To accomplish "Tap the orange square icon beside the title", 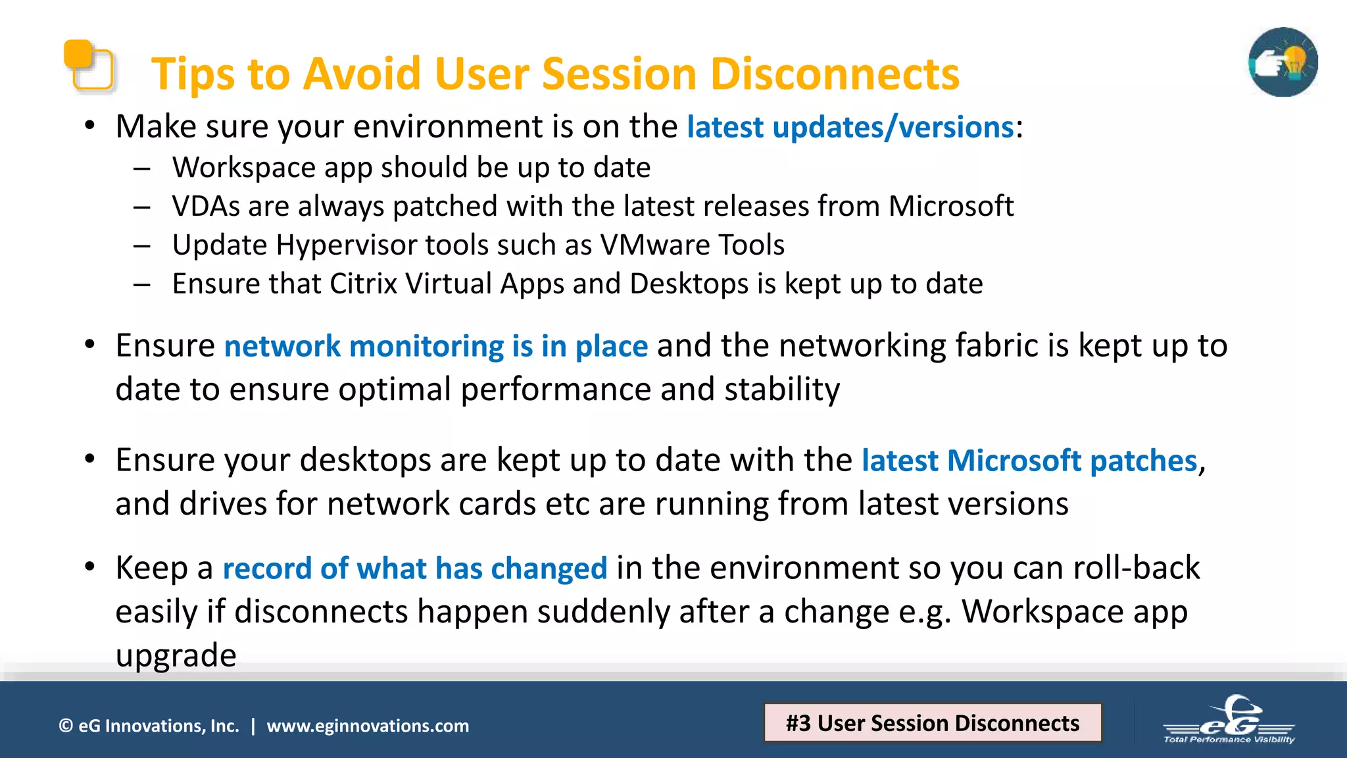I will (x=89, y=65).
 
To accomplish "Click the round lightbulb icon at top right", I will (x=1283, y=63).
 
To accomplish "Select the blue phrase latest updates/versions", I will (x=850, y=127).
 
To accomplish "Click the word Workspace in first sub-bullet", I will (x=243, y=168).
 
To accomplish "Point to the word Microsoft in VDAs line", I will (x=950, y=207).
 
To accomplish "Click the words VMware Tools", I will (x=692, y=245).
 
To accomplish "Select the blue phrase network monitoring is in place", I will (x=435, y=347).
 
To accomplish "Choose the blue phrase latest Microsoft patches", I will (x=1029, y=461).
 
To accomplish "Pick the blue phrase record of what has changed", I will (x=414, y=568).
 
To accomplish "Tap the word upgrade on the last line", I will (x=176, y=656).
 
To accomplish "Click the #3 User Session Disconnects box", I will (x=932, y=723).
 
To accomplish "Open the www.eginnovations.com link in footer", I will (x=368, y=726).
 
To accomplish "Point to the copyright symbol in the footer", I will (x=66, y=726).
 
